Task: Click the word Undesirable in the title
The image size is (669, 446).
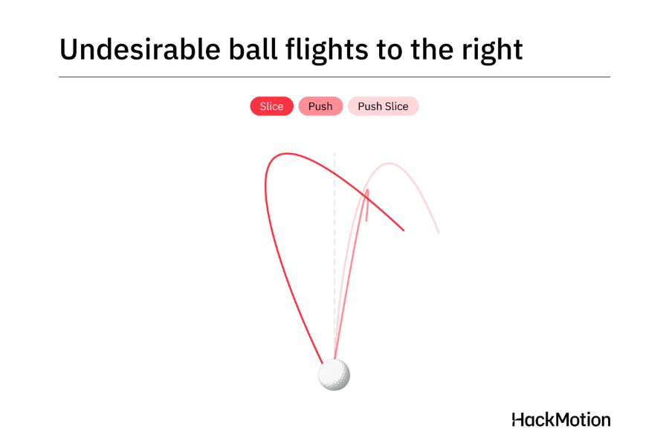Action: [140, 49]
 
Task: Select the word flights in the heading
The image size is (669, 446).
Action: [326, 51]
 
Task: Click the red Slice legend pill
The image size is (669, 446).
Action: [272, 106]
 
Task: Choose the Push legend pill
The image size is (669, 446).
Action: [320, 106]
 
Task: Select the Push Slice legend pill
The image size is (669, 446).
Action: [383, 106]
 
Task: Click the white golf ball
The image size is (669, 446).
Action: [334, 375]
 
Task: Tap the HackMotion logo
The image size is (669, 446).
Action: [561, 420]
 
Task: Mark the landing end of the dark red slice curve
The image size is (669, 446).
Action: [404, 230]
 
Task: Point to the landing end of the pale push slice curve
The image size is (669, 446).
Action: [439, 233]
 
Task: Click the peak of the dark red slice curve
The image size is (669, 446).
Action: [287, 154]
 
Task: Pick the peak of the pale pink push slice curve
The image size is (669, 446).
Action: [389, 164]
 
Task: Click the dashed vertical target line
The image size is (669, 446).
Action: [334, 255]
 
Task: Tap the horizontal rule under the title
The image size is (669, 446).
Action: [334, 77]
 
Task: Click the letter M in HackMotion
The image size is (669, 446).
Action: [555, 420]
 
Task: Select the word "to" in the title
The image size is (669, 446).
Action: [389, 50]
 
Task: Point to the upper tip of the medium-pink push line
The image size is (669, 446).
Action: [367, 190]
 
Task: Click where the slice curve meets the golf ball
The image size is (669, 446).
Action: [323, 363]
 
